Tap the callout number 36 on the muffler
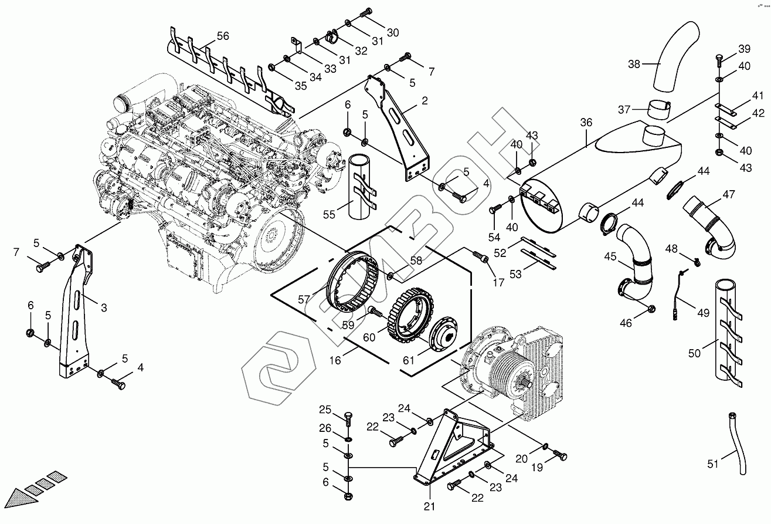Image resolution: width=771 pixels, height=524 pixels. [586, 123]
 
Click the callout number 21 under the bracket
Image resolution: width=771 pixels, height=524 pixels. [429, 506]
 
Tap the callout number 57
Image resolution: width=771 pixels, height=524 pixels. [304, 299]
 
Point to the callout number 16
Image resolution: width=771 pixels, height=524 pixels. [335, 360]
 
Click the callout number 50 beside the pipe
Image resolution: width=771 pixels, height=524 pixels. [695, 353]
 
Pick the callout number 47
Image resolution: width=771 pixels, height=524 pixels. [729, 194]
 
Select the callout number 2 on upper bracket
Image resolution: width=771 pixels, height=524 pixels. [424, 101]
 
